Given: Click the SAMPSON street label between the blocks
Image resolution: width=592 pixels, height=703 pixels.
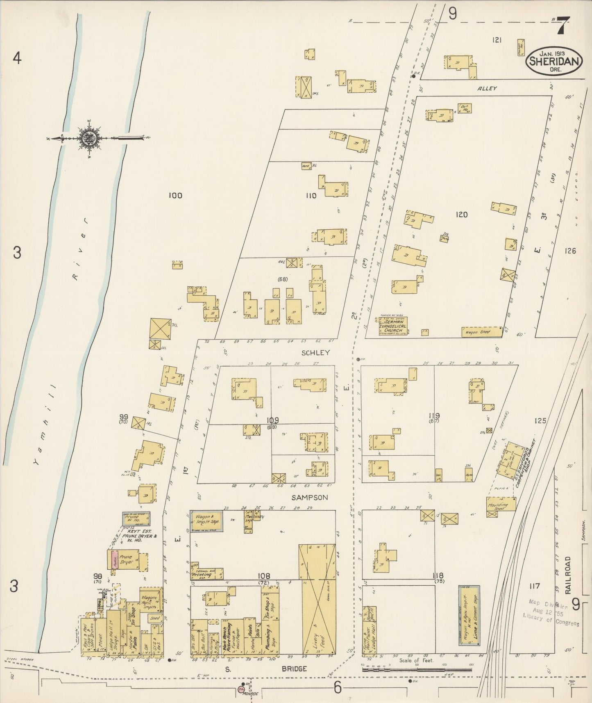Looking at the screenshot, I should click(309, 498).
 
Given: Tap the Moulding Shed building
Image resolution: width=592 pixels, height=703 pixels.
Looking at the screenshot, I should click(501, 504).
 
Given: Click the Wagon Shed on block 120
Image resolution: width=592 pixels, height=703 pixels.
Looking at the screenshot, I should click(481, 331).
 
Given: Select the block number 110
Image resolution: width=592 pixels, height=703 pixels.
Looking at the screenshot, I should click(311, 196).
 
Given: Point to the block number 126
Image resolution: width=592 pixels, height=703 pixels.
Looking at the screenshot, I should click(570, 251).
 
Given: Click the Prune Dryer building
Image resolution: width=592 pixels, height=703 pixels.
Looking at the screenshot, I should click(127, 559).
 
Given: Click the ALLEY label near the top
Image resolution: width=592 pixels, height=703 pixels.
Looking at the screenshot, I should click(487, 88).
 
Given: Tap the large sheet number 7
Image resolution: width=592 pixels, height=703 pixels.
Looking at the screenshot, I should click(561, 28).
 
